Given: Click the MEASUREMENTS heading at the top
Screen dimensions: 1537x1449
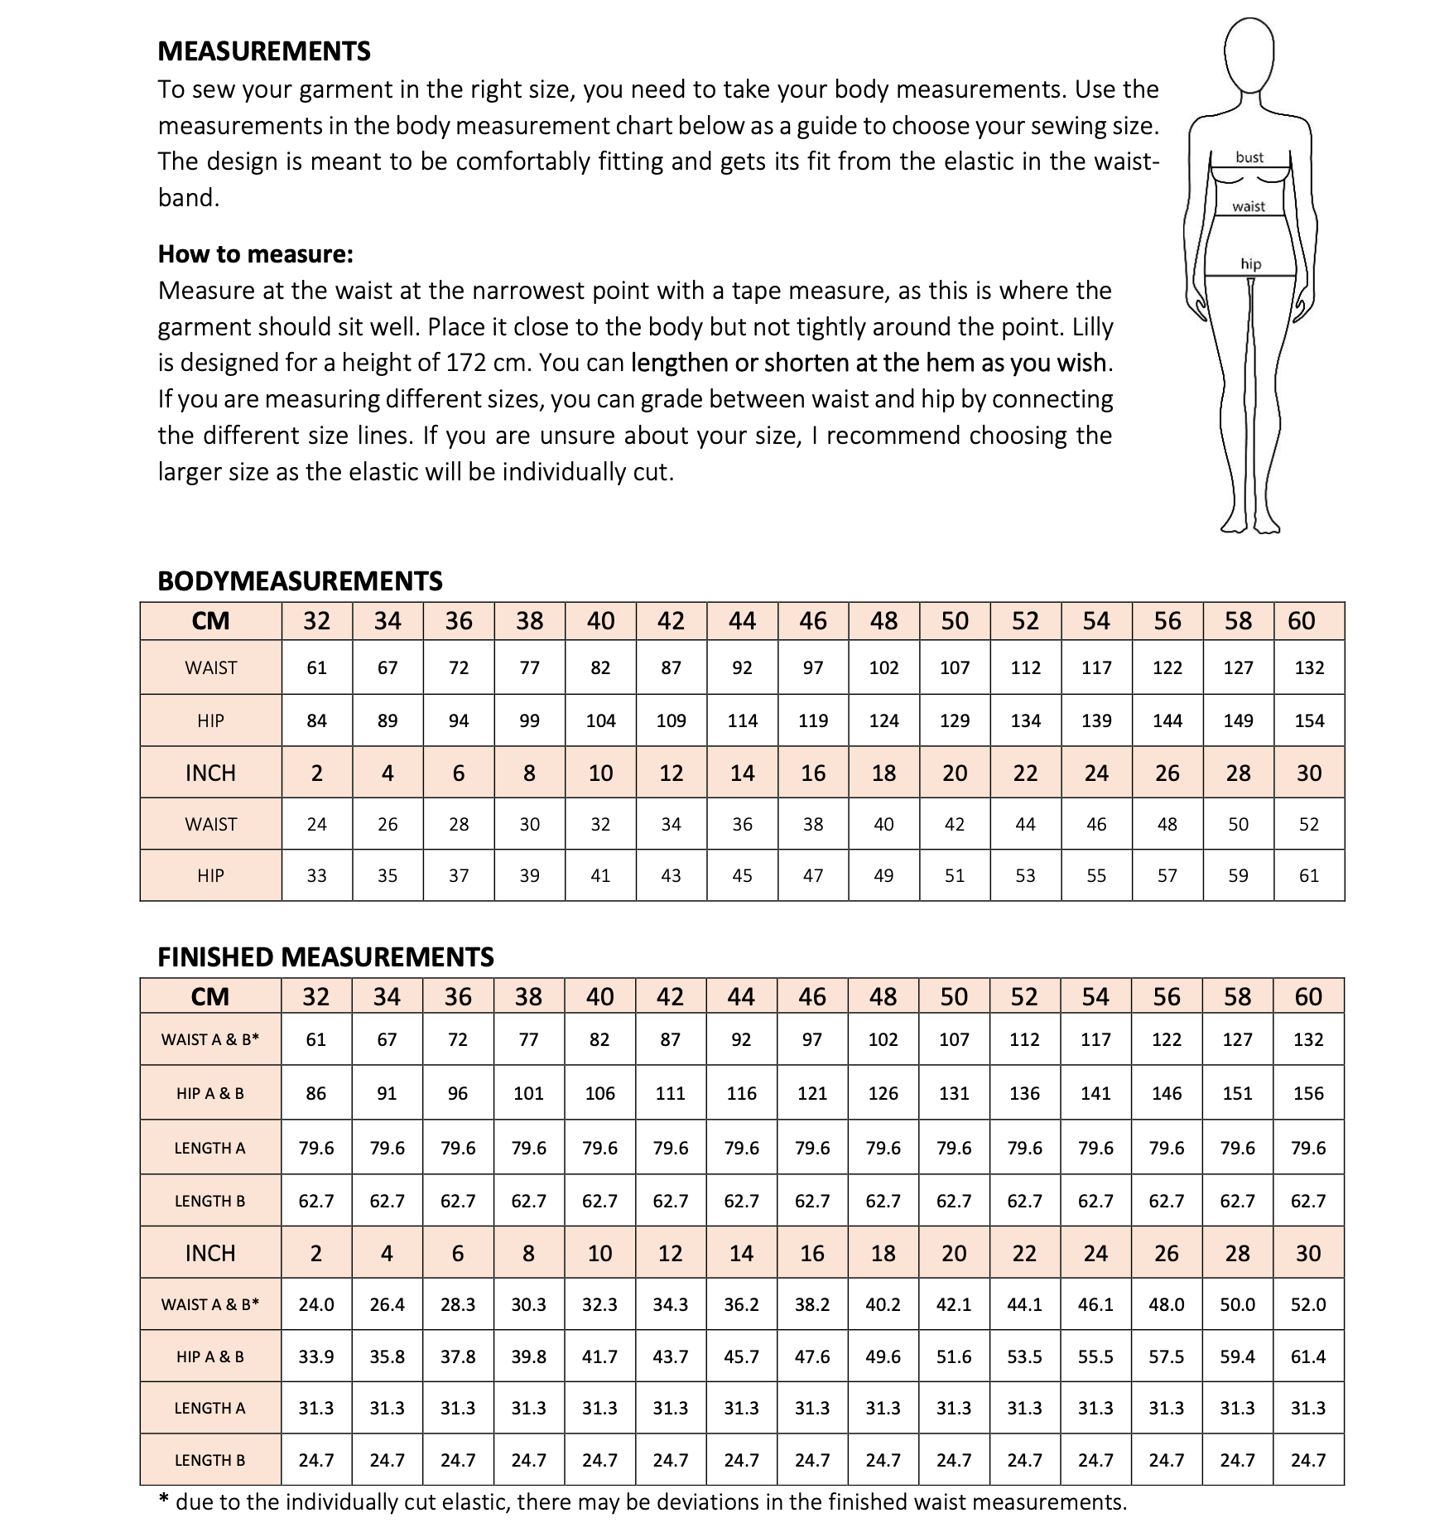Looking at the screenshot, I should [263, 51].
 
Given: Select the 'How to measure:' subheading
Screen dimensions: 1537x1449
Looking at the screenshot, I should [255, 254].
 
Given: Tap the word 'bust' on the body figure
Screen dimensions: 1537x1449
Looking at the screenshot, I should [1249, 157].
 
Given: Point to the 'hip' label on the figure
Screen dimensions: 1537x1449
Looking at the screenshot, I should [1250, 264].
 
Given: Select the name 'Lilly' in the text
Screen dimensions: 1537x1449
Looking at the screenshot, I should [1092, 326].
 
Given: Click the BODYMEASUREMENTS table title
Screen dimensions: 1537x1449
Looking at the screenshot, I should [300, 581].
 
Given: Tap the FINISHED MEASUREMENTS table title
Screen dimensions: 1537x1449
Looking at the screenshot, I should [325, 956].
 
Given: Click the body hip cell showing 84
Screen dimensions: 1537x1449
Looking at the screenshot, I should [316, 720].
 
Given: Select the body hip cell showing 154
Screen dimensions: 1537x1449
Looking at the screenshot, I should [1308, 720].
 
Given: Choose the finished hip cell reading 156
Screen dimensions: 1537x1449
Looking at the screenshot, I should [1308, 1093].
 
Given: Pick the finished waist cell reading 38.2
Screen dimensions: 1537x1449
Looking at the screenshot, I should [812, 1304].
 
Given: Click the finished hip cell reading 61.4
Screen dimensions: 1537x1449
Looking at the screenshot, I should [1308, 1356].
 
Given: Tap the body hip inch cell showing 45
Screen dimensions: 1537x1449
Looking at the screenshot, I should [742, 875].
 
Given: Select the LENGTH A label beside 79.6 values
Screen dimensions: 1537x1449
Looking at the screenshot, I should [209, 1148].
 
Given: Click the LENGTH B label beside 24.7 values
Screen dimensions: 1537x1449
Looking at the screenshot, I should [209, 1460].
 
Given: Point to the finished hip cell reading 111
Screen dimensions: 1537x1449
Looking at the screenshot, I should [671, 1093].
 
